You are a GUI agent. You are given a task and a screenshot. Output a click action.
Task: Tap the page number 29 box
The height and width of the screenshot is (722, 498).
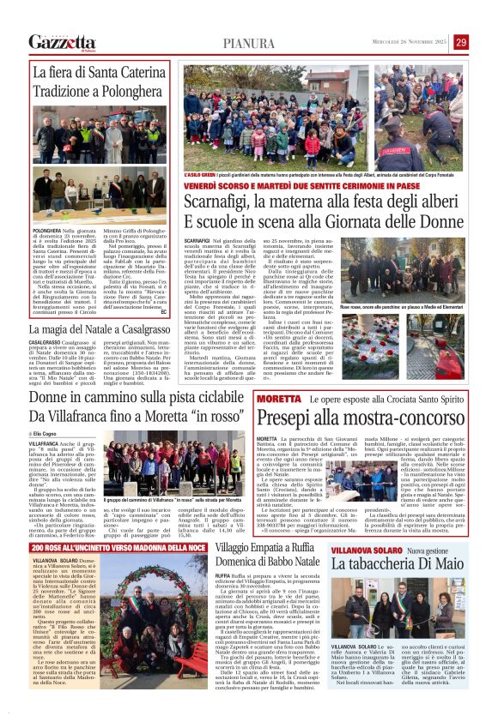485,42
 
